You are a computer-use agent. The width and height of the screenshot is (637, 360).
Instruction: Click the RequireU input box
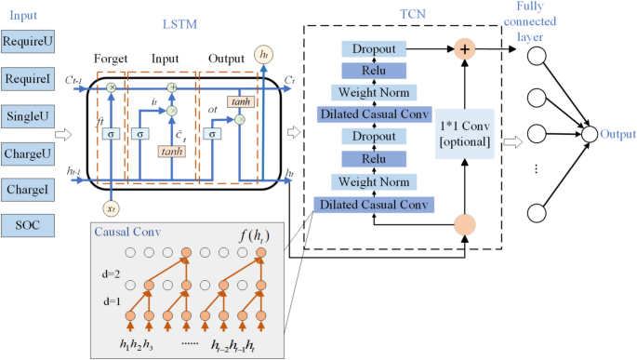pyautogui.click(x=28, y=41)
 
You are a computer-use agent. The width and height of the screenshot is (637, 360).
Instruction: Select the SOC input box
pyautogui.click(x=28, y=226)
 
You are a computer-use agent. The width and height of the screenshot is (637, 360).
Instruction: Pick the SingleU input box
pyautogui.click(x=28, y=116)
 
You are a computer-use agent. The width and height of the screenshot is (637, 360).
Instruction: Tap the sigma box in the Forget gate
pyautogui.click(x=112, y=135)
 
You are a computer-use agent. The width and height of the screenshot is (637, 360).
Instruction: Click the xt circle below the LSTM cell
pyautogui.click(x=112, y=210)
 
